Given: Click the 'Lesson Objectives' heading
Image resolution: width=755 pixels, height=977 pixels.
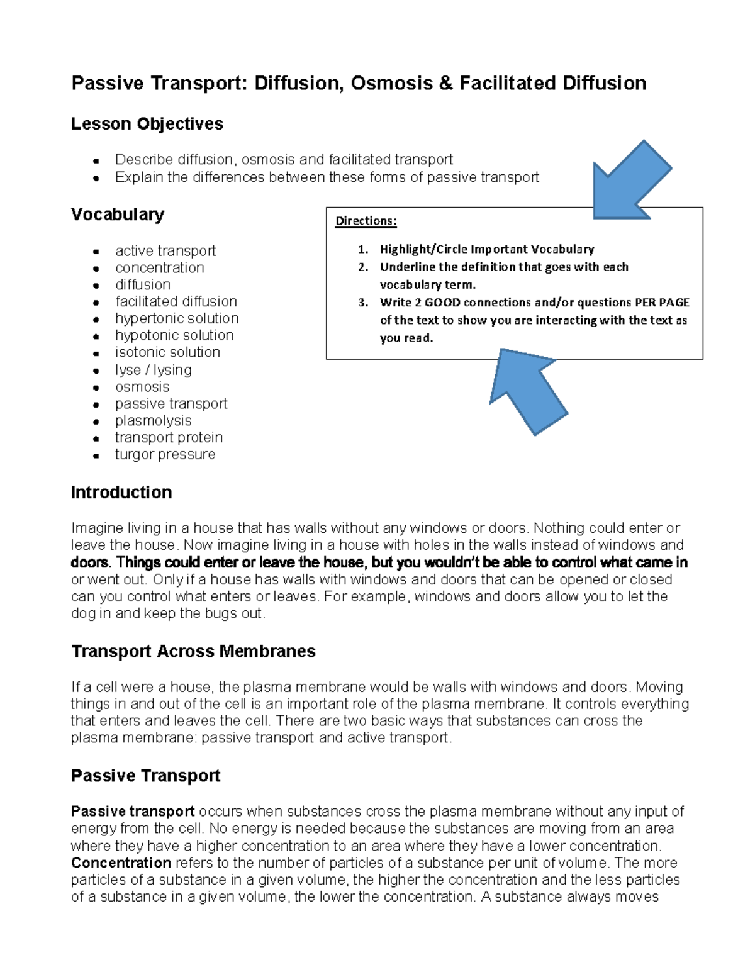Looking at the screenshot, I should [x=147, y=124].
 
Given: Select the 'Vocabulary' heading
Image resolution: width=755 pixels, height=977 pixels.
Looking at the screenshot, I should [x=117, y=215].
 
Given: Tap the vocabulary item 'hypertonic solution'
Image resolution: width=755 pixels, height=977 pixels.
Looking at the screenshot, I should [x=177, y=318].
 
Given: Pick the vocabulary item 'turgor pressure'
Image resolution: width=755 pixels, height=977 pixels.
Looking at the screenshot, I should [x=165, y=454].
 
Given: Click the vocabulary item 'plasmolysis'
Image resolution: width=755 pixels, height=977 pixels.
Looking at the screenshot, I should [x=153, y=420].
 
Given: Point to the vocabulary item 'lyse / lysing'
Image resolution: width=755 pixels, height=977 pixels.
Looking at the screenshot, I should [x=153, y=370].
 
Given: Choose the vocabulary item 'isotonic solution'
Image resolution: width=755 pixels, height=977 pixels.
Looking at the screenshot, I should [x=167, y=352].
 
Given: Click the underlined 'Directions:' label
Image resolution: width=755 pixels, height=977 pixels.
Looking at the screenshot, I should [x=366, y=221].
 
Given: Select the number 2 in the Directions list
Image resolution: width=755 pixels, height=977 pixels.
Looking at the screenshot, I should [x=363, y=267].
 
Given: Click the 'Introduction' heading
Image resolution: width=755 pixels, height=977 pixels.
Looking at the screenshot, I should [x=121, y=493].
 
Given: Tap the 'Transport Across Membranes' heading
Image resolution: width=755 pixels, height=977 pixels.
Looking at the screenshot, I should [x=193, y=651].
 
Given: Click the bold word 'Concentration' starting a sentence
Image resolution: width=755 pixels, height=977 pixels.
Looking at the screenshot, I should [x=121, y=863].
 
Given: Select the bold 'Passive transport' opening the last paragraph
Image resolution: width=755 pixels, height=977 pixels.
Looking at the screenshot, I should [x=133, y=812].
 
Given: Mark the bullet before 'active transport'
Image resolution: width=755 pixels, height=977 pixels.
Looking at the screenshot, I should [x=96, y=252].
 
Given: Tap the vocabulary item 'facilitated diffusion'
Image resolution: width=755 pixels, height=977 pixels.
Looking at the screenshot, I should [x=176, y=301].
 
